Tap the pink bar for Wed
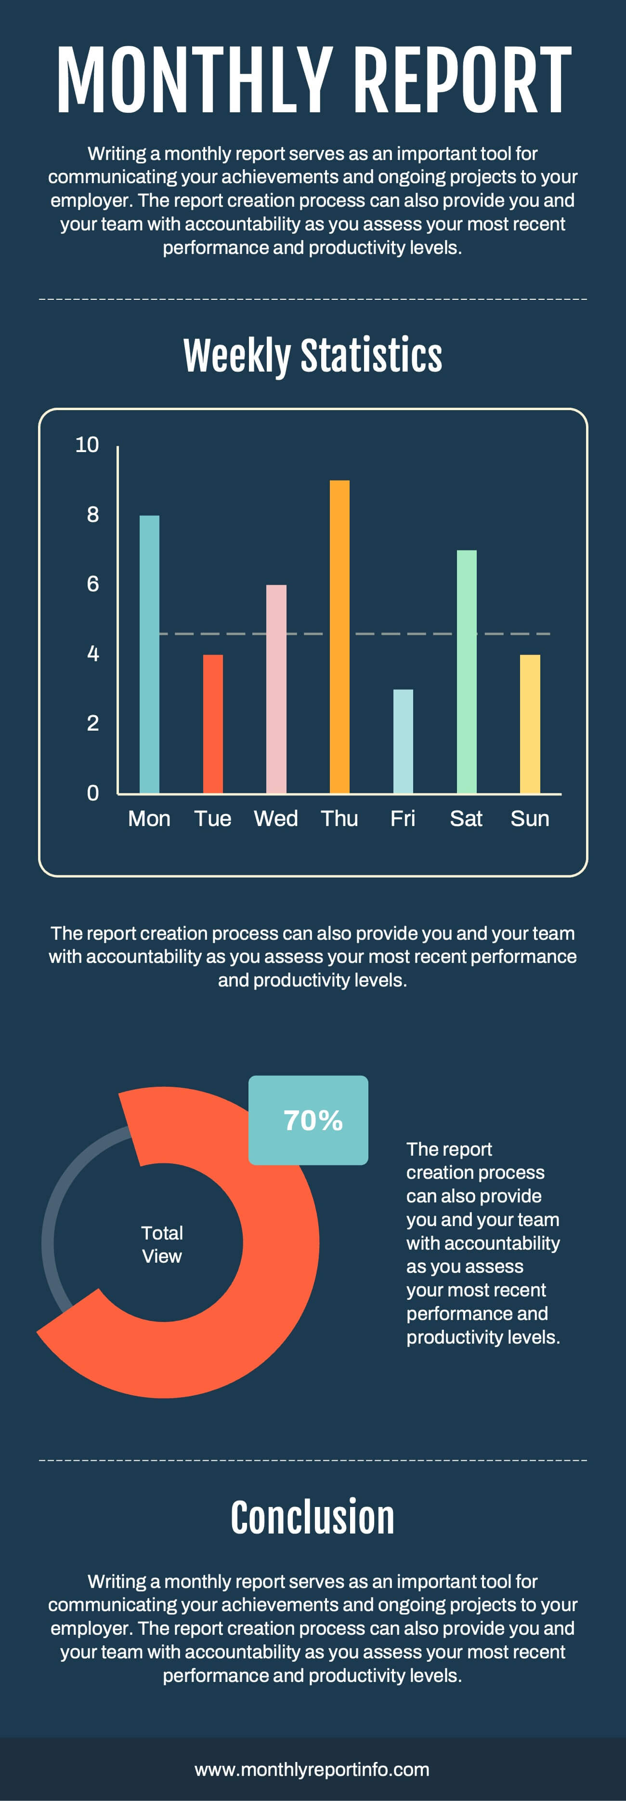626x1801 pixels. pos(276,689)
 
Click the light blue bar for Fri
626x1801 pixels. pos(403,741)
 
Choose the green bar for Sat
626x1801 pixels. pos(467,671)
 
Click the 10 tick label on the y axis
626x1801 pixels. pos(87,445)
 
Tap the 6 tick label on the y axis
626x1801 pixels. pos(93,584)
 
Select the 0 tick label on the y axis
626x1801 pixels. pos(93,793)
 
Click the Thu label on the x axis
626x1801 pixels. pos(339,819)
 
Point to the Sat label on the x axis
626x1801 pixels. pos(466,819)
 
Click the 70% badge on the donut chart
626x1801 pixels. pos(308,1120)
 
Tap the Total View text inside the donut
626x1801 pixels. pos(162,1244)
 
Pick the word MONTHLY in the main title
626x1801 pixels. pos(194,80)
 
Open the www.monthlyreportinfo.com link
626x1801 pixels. pos(313,1770)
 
